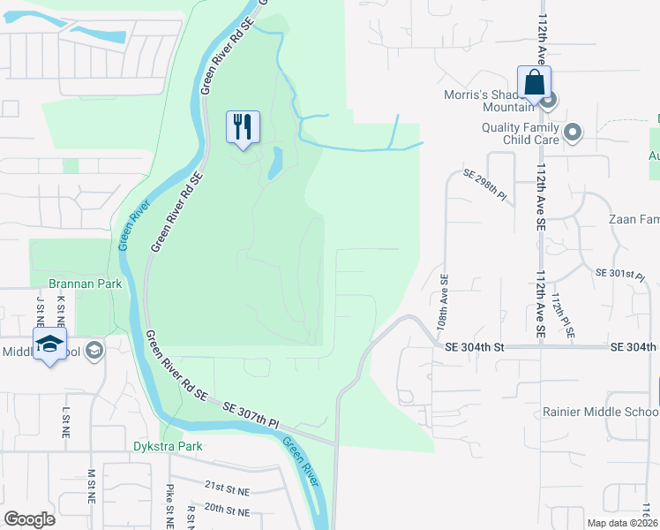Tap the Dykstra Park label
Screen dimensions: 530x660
click(168, 446)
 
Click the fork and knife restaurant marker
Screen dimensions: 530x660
click(244, 126)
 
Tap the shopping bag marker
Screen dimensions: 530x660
click(535, 83)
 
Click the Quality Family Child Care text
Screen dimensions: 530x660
click(520, 132)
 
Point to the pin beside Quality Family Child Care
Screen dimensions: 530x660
click(573, 133)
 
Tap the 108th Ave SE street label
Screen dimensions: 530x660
click(442, 301)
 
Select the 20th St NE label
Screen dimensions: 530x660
click(227, 510)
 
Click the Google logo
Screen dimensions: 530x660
click(29, 519)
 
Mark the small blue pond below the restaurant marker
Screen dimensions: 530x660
click(275, 162)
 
